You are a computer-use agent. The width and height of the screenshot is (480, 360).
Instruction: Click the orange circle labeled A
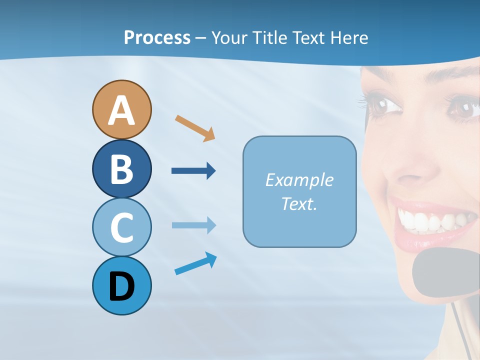121,109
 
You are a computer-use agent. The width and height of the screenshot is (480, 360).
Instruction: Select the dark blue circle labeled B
121,168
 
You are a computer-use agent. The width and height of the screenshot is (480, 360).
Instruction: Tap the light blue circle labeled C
121,227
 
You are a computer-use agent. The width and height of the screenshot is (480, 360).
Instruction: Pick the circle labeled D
121,285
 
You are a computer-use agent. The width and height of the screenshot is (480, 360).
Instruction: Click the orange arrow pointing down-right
195,128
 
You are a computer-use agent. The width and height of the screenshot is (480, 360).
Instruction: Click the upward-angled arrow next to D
195,264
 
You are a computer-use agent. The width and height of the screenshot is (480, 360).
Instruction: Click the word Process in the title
157,37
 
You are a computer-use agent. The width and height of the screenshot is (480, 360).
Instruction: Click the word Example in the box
299,180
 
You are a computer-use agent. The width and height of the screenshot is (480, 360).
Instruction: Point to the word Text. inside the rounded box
299,203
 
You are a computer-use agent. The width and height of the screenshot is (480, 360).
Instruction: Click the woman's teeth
435,219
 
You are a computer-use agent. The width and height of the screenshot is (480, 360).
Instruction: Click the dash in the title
201,38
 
